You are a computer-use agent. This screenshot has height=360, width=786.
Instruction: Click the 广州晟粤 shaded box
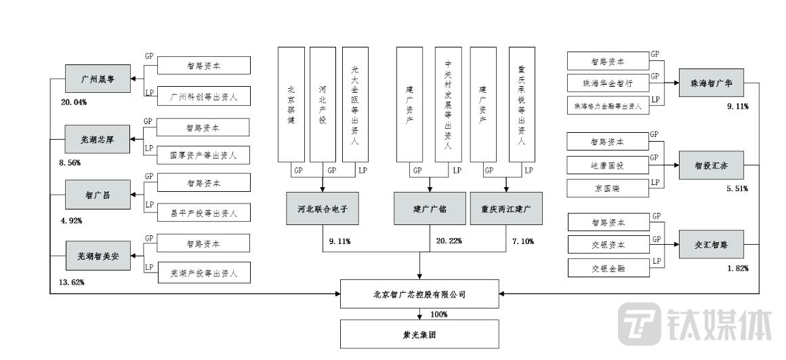pyautogui.click(x=97, y=79)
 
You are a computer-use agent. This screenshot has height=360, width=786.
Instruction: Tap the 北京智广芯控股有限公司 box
pyautogui.click(x=419, y=295)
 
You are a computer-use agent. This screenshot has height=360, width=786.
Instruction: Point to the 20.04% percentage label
pyautogui.click(x=74, y=102)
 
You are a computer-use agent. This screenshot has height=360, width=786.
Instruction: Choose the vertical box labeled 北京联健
pyautogui.click(x=291, y=105)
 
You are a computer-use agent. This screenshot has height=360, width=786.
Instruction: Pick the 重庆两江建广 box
pyautogui.click(x=506, y=209)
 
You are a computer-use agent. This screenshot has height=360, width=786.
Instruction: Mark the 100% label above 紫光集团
pyautogui.click(x=439, y=314)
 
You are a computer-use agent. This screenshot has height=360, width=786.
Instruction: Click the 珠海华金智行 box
pyautogui.click(x=608, y=83)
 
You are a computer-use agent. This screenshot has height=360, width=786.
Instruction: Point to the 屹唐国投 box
pyautogui.click(x=608, y=165)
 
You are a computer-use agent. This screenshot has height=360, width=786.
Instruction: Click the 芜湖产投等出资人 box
pyautogui.click(x=203, y=273)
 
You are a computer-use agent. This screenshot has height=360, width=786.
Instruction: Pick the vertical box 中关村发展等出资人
pyautogui.click(x=448, y=105)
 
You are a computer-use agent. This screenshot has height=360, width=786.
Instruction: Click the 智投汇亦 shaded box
pyautogui.click(x=711, y=165)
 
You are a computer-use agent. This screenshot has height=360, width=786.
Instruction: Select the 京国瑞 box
pyautogui.click(x=608, y=188)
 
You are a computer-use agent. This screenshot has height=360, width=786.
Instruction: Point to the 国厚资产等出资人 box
pyautogui.click(x=203, y=155)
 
